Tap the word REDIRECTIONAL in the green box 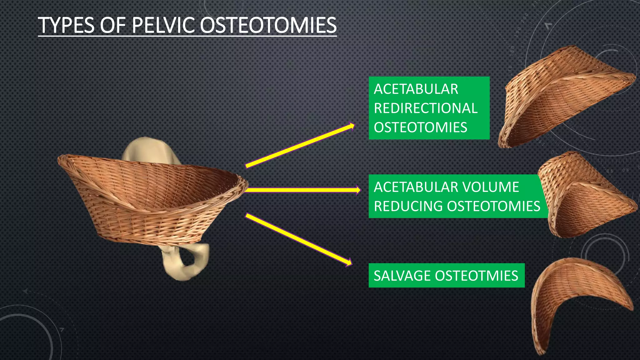(x=426, y=108)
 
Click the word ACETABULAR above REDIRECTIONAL (x=416, y=89)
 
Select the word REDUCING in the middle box (x=408, y=206)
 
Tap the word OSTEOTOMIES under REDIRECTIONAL (x=420, y=127)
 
